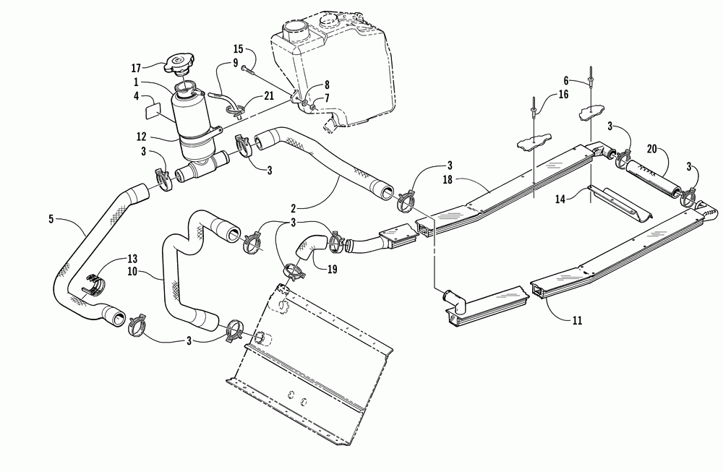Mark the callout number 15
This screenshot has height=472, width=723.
tap(239, 50)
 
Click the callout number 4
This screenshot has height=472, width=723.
tap(137, 95)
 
